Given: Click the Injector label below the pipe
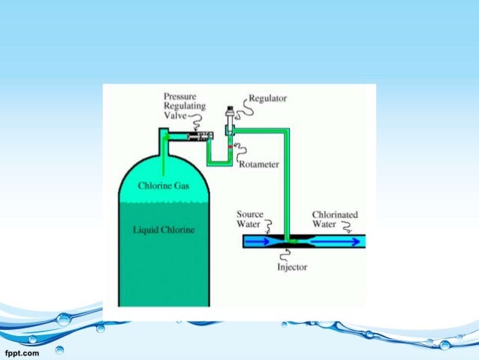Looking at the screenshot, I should coord(293,267).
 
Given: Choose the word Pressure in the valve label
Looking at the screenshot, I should coord(182,97).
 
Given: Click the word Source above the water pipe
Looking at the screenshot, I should coord(250,214).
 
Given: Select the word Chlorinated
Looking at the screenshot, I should coord(335,214).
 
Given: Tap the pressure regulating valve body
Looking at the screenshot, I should coord(196,136).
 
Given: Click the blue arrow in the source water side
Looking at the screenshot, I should coord(260,242).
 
